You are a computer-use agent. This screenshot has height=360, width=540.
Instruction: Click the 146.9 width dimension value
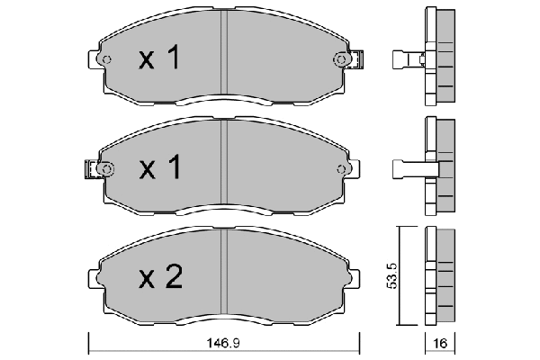pos(223,343)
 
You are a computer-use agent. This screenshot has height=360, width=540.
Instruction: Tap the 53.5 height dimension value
pos(392,275)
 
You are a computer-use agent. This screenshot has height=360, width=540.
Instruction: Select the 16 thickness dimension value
pos(440,343)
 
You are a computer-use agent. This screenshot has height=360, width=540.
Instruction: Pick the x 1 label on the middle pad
pos(159,166)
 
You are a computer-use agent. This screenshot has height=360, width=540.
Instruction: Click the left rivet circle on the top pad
pos(107,59)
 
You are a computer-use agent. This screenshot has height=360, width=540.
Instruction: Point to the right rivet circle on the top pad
pos(341,59)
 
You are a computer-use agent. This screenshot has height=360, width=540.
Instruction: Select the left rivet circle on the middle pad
pos(107,169)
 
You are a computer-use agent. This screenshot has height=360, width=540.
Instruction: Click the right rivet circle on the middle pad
pos(341,169)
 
